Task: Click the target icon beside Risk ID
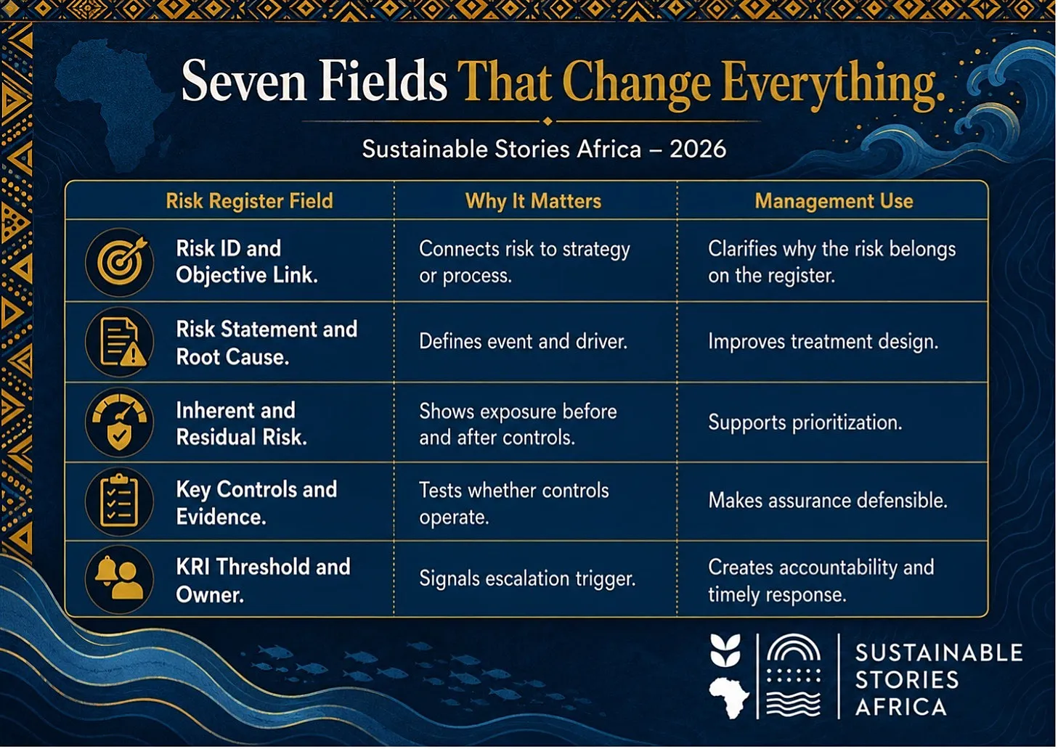pos(120,262)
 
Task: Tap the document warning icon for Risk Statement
pos(120,342)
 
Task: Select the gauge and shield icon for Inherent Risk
pos(120,422)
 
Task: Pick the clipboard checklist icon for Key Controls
pos(120,502)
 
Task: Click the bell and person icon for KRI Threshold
pos(120,580)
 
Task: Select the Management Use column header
pos(834,201)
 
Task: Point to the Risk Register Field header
pos(249,201)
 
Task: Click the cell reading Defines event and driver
pos(524,341)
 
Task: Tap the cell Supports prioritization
pos(805,422)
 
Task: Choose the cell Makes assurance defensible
pos(828,500)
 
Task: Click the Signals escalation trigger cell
pos(527,578)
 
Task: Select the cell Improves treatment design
pos(823,341)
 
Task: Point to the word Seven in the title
pos(244,81)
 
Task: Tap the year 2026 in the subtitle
pos(698,150)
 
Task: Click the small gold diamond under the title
pos(548,121)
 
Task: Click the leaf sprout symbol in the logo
pos(725,650)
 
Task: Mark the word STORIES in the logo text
pos(907,680)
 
